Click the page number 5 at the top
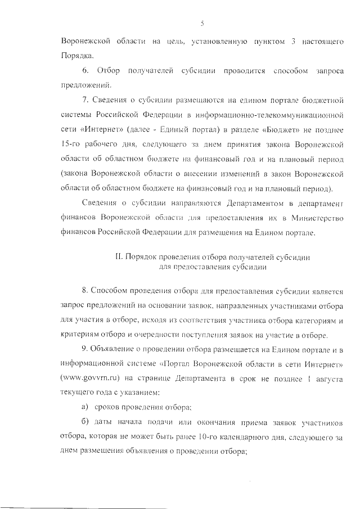(201, 23)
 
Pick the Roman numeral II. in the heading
(119, 256)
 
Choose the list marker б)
(85, 421)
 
